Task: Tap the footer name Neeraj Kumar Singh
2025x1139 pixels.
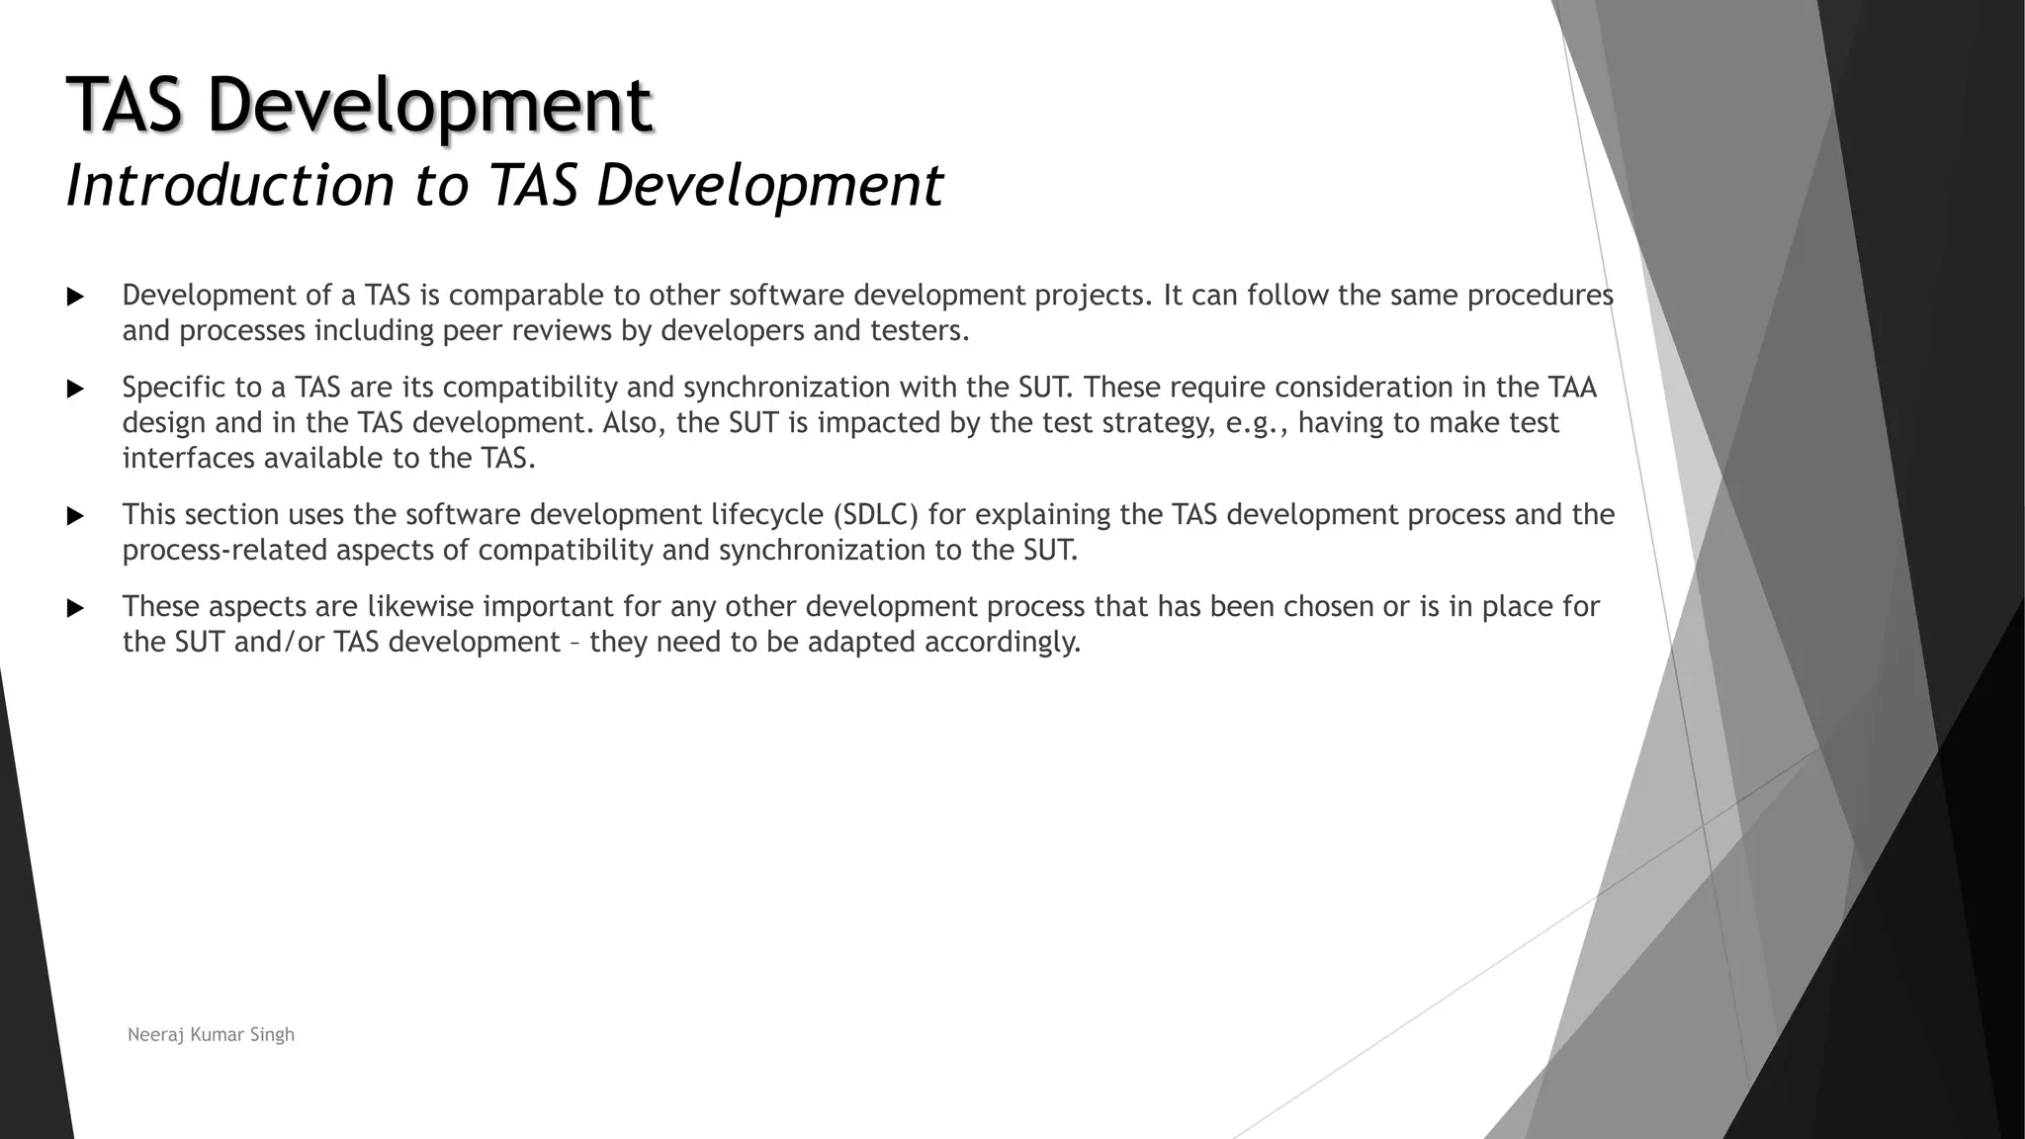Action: pos(211,1035)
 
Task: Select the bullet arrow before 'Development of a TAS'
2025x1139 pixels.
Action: pos(75,297)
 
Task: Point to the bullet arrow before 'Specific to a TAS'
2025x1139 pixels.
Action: pos(75,389)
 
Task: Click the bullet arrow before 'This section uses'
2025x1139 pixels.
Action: pos(75,516)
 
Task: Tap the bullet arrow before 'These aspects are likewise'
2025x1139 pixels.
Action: pos(75,608)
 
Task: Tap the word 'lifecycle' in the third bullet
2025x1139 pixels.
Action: pos(768,515)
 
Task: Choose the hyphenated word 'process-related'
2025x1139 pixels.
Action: pos(225,551)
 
